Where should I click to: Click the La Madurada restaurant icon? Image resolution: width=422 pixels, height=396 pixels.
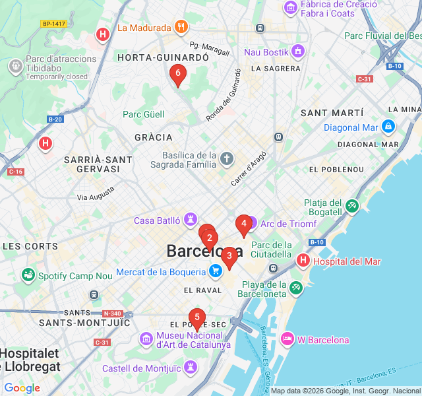pos(182,28)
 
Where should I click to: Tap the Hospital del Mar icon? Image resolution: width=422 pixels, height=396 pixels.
pos(303,261)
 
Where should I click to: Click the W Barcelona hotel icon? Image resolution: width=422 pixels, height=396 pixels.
pos(287,339)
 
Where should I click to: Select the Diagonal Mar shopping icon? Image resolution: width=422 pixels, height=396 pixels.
pos(388,127)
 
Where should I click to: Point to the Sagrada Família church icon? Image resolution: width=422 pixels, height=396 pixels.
pos(227,159)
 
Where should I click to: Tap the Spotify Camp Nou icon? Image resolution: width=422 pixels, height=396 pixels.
pos(28,275)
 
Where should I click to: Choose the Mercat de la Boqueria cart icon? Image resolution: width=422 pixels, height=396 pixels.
pos(215,271)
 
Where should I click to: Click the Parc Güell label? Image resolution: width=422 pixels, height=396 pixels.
pos(143,114)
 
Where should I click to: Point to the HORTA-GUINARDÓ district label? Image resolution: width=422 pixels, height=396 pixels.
pos(163,58)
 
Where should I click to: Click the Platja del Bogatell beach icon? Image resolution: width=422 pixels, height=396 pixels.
pos(351,207)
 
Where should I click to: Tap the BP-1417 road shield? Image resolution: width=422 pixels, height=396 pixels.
pos(54,24)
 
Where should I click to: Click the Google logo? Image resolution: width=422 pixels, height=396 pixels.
pos(22,388)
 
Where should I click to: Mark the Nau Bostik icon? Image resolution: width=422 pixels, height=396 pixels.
pos(298,51)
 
